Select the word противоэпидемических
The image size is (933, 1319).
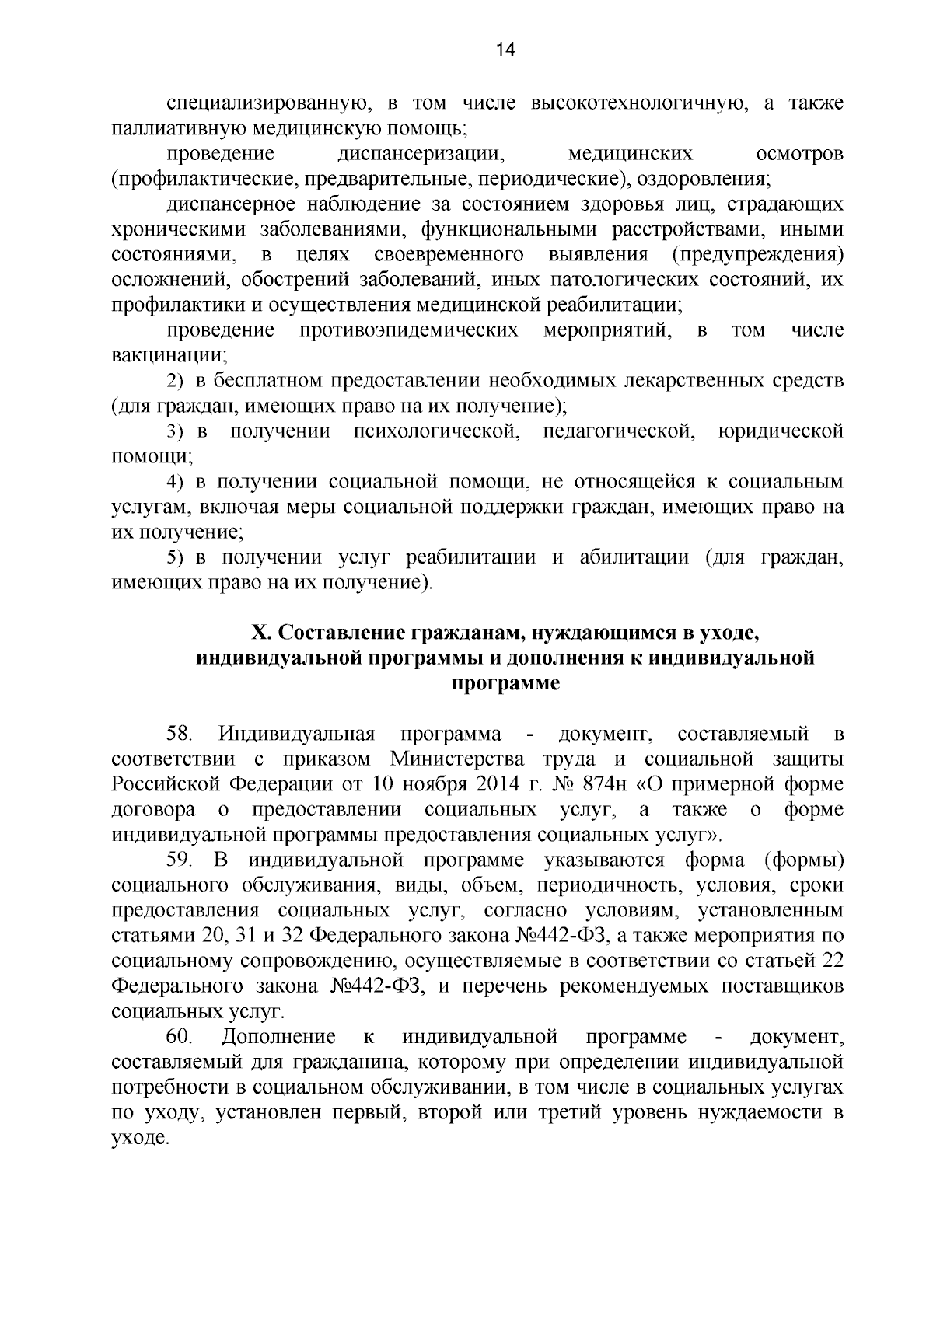click(409, 331)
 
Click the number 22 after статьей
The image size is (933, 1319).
click(832, 961)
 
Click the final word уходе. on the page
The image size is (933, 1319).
click(140, 1139)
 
